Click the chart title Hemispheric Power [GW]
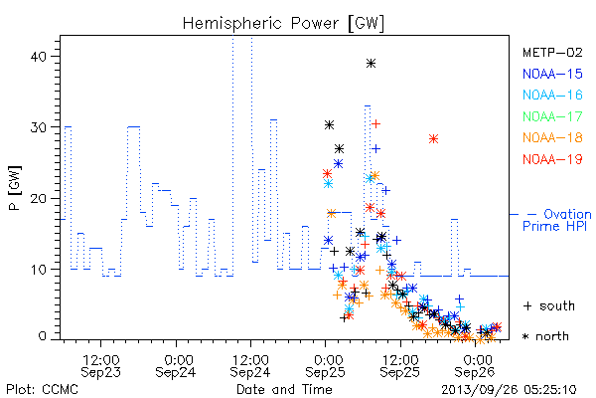pos(283,23)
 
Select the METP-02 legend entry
pos(552,52)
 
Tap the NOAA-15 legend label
pos(552,74)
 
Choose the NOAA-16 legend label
pos(552,95)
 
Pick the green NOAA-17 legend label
pos(552,116)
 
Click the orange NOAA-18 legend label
pos(552,137)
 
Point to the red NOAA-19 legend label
pos(552,159)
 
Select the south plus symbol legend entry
pos(549,305)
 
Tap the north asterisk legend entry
pos(545,336)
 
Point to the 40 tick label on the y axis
pos(38,57)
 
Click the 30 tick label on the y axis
pos(38,127)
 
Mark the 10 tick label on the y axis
pos(38,270)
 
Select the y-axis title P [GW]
pos(15,188)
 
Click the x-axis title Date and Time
pos(284,389)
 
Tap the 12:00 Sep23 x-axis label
pos(100,366)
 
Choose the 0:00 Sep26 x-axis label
pos(475,366)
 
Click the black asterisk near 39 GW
pos(371,64)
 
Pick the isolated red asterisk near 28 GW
pos(434,139)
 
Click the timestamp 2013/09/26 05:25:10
pos(509,390)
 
